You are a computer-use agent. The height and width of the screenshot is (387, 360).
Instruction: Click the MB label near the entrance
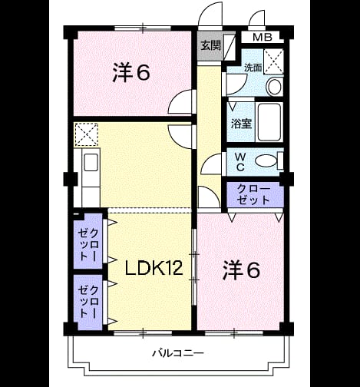pos(263,38)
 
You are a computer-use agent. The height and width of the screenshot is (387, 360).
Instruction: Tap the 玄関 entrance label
pos(210,45)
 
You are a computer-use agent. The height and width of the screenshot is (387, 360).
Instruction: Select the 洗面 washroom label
pos(253,68)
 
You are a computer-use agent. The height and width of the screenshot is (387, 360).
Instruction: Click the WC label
pos(240,162)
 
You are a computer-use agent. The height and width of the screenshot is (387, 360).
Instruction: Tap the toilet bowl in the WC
pos(266,161)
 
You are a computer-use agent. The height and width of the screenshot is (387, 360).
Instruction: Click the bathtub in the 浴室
pos(269,122)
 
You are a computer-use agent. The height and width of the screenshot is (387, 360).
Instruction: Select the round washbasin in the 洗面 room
pos(274,87)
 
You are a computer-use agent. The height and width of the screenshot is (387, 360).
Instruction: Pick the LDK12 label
pos(154,268)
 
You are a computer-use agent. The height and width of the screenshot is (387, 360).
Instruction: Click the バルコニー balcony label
pos(178,353)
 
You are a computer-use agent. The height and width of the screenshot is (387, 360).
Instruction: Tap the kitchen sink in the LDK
pos(91,163)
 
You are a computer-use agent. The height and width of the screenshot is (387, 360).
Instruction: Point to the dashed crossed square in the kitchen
pos(86,134)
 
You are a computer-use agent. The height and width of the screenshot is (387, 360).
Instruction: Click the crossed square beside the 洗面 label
pos(273,61)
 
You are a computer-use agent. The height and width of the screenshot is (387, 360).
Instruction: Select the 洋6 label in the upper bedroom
pos(131,73)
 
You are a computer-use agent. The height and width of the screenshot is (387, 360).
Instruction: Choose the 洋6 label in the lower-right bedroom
pos(241,270)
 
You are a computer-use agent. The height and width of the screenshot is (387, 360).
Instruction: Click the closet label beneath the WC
pos(253,194)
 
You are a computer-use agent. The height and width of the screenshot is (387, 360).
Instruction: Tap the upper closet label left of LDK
pos(88,245)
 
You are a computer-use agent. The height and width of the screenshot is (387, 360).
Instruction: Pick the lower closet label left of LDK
pos(88,302)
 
